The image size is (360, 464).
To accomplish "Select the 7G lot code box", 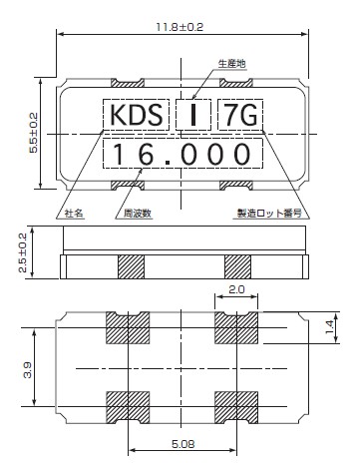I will point(238,118).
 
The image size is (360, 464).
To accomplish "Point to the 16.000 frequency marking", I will point(181,154).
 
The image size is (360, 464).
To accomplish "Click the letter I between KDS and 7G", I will point(190,118).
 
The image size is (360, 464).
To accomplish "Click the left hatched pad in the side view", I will point(132,266).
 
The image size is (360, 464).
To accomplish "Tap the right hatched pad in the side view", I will point(238,266).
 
